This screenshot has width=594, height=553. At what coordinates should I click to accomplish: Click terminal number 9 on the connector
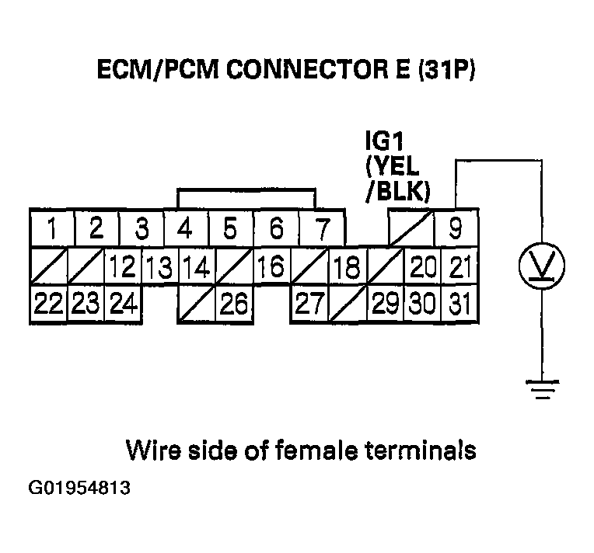point(456,228)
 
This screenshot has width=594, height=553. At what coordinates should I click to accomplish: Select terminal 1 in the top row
point(51,228)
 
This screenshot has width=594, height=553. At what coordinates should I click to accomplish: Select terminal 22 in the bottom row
point(48,304)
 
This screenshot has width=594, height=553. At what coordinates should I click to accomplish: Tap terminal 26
point(232,304)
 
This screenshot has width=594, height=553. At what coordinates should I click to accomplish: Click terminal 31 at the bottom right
point(460,304)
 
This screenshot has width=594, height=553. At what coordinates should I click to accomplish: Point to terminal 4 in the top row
point(185,228)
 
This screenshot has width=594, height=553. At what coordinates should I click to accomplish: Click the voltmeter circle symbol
point(542,266)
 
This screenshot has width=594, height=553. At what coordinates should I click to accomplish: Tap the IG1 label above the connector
point(384,144)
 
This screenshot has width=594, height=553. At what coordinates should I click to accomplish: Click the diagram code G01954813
point(79,490)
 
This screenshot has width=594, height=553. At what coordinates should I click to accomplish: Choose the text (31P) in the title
point(445,72)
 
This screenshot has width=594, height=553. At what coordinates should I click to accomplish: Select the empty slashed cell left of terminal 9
point(410,228)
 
